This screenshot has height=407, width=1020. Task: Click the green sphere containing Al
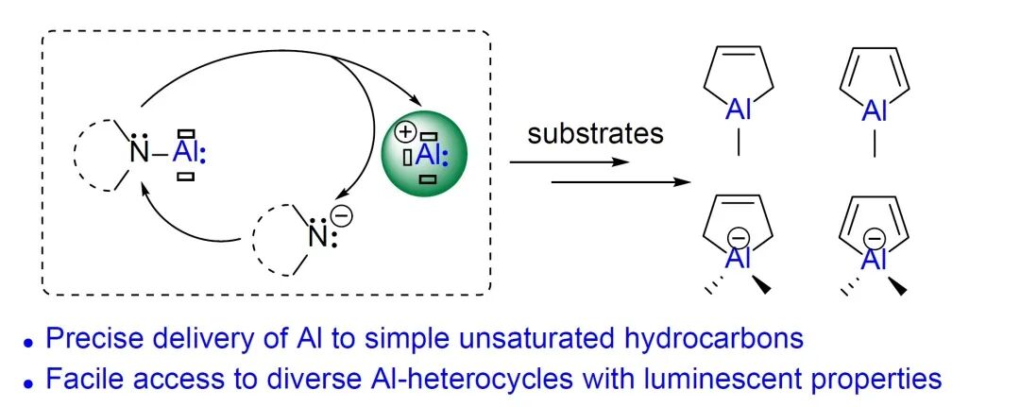pyautogui.click(x=427, y=156)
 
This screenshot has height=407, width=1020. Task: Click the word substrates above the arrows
pyautogui.click(x=595, y=133)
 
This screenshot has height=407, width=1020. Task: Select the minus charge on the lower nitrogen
pyautogui.click(x=342, y=216)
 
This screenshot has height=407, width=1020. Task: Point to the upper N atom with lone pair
pyautogui.click(x=140, y=151)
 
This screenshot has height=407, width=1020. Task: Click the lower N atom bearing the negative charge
pyautogui.click(x=316, y=237)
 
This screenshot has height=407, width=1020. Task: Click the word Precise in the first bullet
pyautogui.click(x=88, y=339)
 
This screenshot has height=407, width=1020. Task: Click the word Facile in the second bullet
pyautogui.click(x=83, y=379)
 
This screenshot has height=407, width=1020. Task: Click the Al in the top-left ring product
pyautogui.click(x=739, y=112)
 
